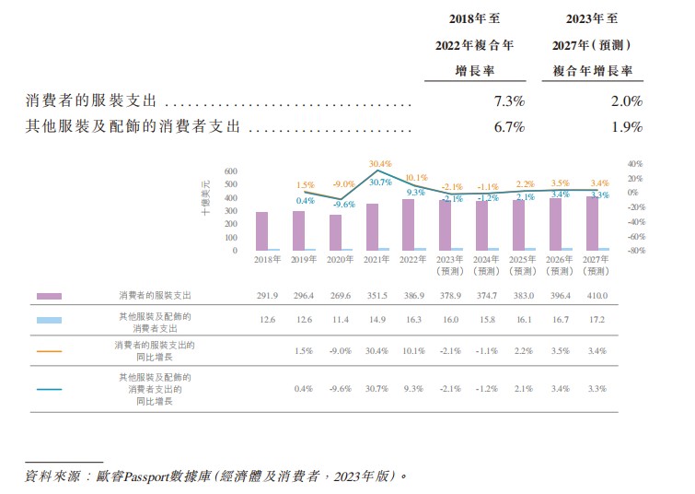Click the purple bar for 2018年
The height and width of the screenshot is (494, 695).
tap(262, 231)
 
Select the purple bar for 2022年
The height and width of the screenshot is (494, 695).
tap(408, 225)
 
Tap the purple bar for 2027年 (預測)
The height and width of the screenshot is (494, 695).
tap(592, 223)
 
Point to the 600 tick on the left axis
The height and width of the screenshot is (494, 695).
tap(230, 171)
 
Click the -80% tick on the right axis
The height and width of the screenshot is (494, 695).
tap(634, 250)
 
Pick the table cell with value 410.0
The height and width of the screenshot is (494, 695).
tap(598, 296)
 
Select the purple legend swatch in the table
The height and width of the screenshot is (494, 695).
tap(49, 296)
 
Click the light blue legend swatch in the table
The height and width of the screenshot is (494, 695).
tap(49, 320)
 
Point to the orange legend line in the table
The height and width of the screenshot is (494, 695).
tap(49, 350)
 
